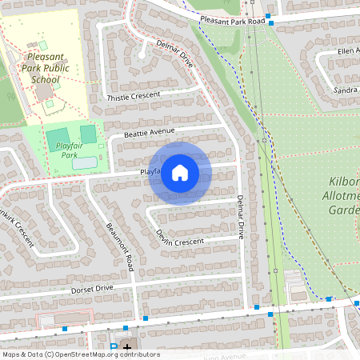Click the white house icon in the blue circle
(x=180, y=173)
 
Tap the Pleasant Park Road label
(x=233, y=20)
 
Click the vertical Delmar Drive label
(x=239, y=217)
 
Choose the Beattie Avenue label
(x=150, y=131)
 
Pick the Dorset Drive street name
(x=92, y=288)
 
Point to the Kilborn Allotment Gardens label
(x=344, y=196)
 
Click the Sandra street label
(x=345, y=90)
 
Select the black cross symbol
(x=126, y=348)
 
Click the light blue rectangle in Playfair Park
(x=86, y=163)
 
